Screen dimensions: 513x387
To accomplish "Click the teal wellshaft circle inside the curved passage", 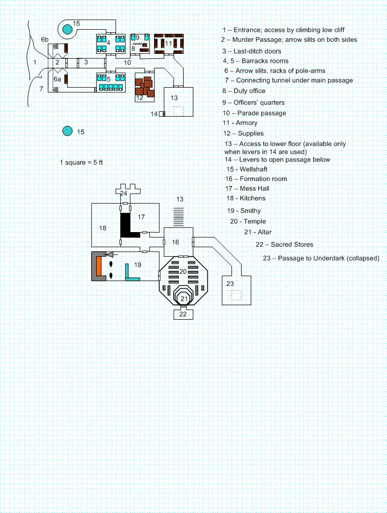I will [x=67, y=30].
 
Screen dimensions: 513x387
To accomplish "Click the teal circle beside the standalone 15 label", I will [x=67, y=131].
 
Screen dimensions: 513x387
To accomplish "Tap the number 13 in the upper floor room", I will [x=174, y=98].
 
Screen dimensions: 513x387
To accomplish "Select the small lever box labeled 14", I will [x=162, y=114].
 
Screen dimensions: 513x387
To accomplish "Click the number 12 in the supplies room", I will [x=139, y=98].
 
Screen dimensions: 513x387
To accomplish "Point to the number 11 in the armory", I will [x=169, y=44].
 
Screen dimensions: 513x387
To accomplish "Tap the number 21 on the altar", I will [x=184, y=299].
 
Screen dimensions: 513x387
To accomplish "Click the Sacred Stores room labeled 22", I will [x=183, y=314].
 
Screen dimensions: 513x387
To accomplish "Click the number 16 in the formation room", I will [x=175, y=243].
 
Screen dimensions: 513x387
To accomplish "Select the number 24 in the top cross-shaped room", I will [x=124, y=193].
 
